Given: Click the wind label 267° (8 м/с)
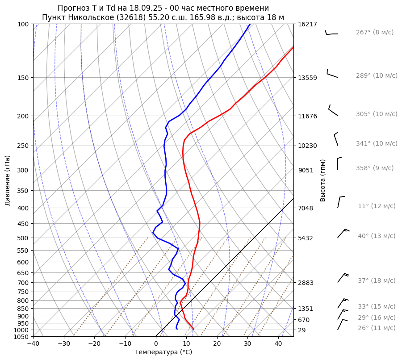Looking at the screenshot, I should point(374,33).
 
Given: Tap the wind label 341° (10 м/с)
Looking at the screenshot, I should point(376,144).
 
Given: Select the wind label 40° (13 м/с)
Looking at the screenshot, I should point(376,236).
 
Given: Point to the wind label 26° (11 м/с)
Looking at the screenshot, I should point(376,328).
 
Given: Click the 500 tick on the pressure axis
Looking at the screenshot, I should point(24,238).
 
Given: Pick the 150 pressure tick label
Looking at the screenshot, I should point(24,78).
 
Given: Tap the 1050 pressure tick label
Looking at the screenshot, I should point(22,337).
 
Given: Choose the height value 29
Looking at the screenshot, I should point(302,330).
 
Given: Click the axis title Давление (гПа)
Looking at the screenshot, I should point(8,180).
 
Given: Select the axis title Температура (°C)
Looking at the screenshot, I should point(163,352).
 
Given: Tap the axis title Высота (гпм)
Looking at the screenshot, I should point(322,180).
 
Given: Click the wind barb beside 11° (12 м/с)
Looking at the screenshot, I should point(340,202).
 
